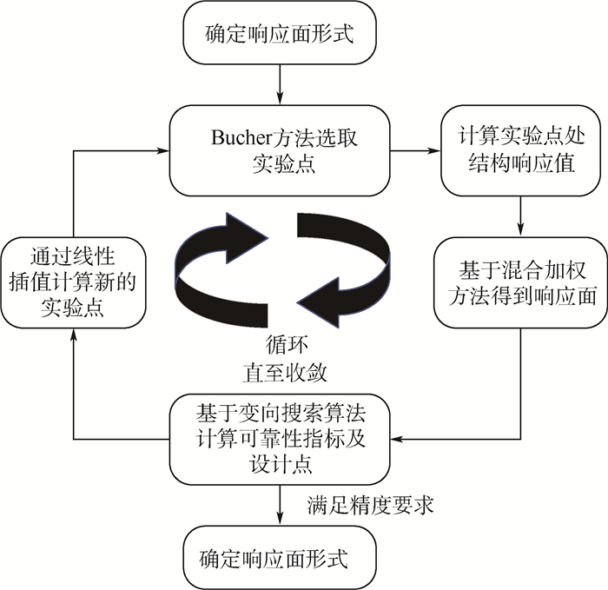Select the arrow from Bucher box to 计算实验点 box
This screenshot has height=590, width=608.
pyautogui.click(x=414, y=152)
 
